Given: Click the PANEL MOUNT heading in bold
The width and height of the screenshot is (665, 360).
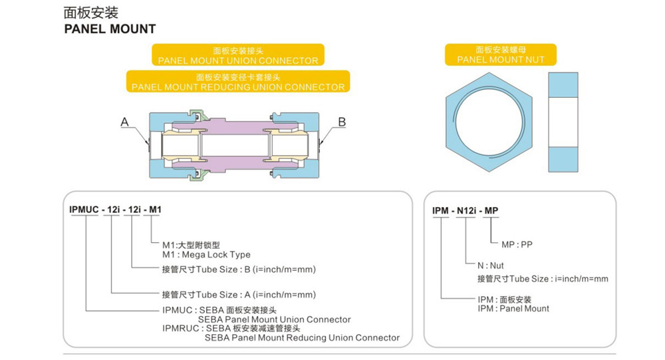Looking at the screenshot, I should tap(110, 29).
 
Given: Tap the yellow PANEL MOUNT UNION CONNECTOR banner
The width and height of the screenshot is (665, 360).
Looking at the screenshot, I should tap(238, 55).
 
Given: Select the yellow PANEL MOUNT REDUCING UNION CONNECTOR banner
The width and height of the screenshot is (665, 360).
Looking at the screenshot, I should tap(238, 81).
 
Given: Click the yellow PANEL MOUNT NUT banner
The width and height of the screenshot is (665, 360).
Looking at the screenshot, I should tap(501, 55).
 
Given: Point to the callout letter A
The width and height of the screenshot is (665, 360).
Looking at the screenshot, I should tap(124, 122).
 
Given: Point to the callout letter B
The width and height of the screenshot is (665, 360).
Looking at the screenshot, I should tap(342, 122).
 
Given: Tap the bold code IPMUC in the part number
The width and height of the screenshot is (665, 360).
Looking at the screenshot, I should tap(84, 210).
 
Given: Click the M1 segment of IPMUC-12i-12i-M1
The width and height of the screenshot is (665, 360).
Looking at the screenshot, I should tap(154, 210).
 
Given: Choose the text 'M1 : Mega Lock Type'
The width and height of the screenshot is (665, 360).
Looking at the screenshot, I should tap(206, 254).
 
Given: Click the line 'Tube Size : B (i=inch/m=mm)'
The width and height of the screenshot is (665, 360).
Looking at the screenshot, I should tap(239, 270).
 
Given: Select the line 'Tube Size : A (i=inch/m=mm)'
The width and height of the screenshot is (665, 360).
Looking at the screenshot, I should tap(239, 294).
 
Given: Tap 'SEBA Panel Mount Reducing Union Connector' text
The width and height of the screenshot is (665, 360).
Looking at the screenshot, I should tap(302, 337).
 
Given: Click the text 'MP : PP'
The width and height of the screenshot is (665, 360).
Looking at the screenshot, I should tap(517, 244).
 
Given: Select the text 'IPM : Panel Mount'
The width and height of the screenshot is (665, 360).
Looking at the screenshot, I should tap(513, 308).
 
